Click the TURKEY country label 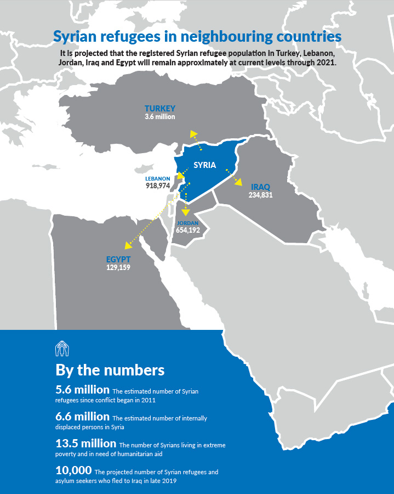tap(160, 109)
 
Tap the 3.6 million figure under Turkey tap(160, 117)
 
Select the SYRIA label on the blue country tap(205, 165)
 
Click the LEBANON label tap(157, 179)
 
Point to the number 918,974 tap(158, 186)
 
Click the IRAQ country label tap(260, 187)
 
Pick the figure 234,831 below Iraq tap(260, 195)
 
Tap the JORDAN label tap(187, 223)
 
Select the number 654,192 tap(188, 231)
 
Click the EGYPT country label tap(118, 260)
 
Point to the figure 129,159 tap(118, 268)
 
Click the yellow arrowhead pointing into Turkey tap(192, 133)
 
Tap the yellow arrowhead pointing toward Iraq tap(239, 182)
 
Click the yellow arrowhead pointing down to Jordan tap(186, 211)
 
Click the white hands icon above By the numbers tap(61, 348)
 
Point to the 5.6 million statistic tap(82, 390)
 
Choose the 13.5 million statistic tap(86, 443)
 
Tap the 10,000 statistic tap(73, 470)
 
